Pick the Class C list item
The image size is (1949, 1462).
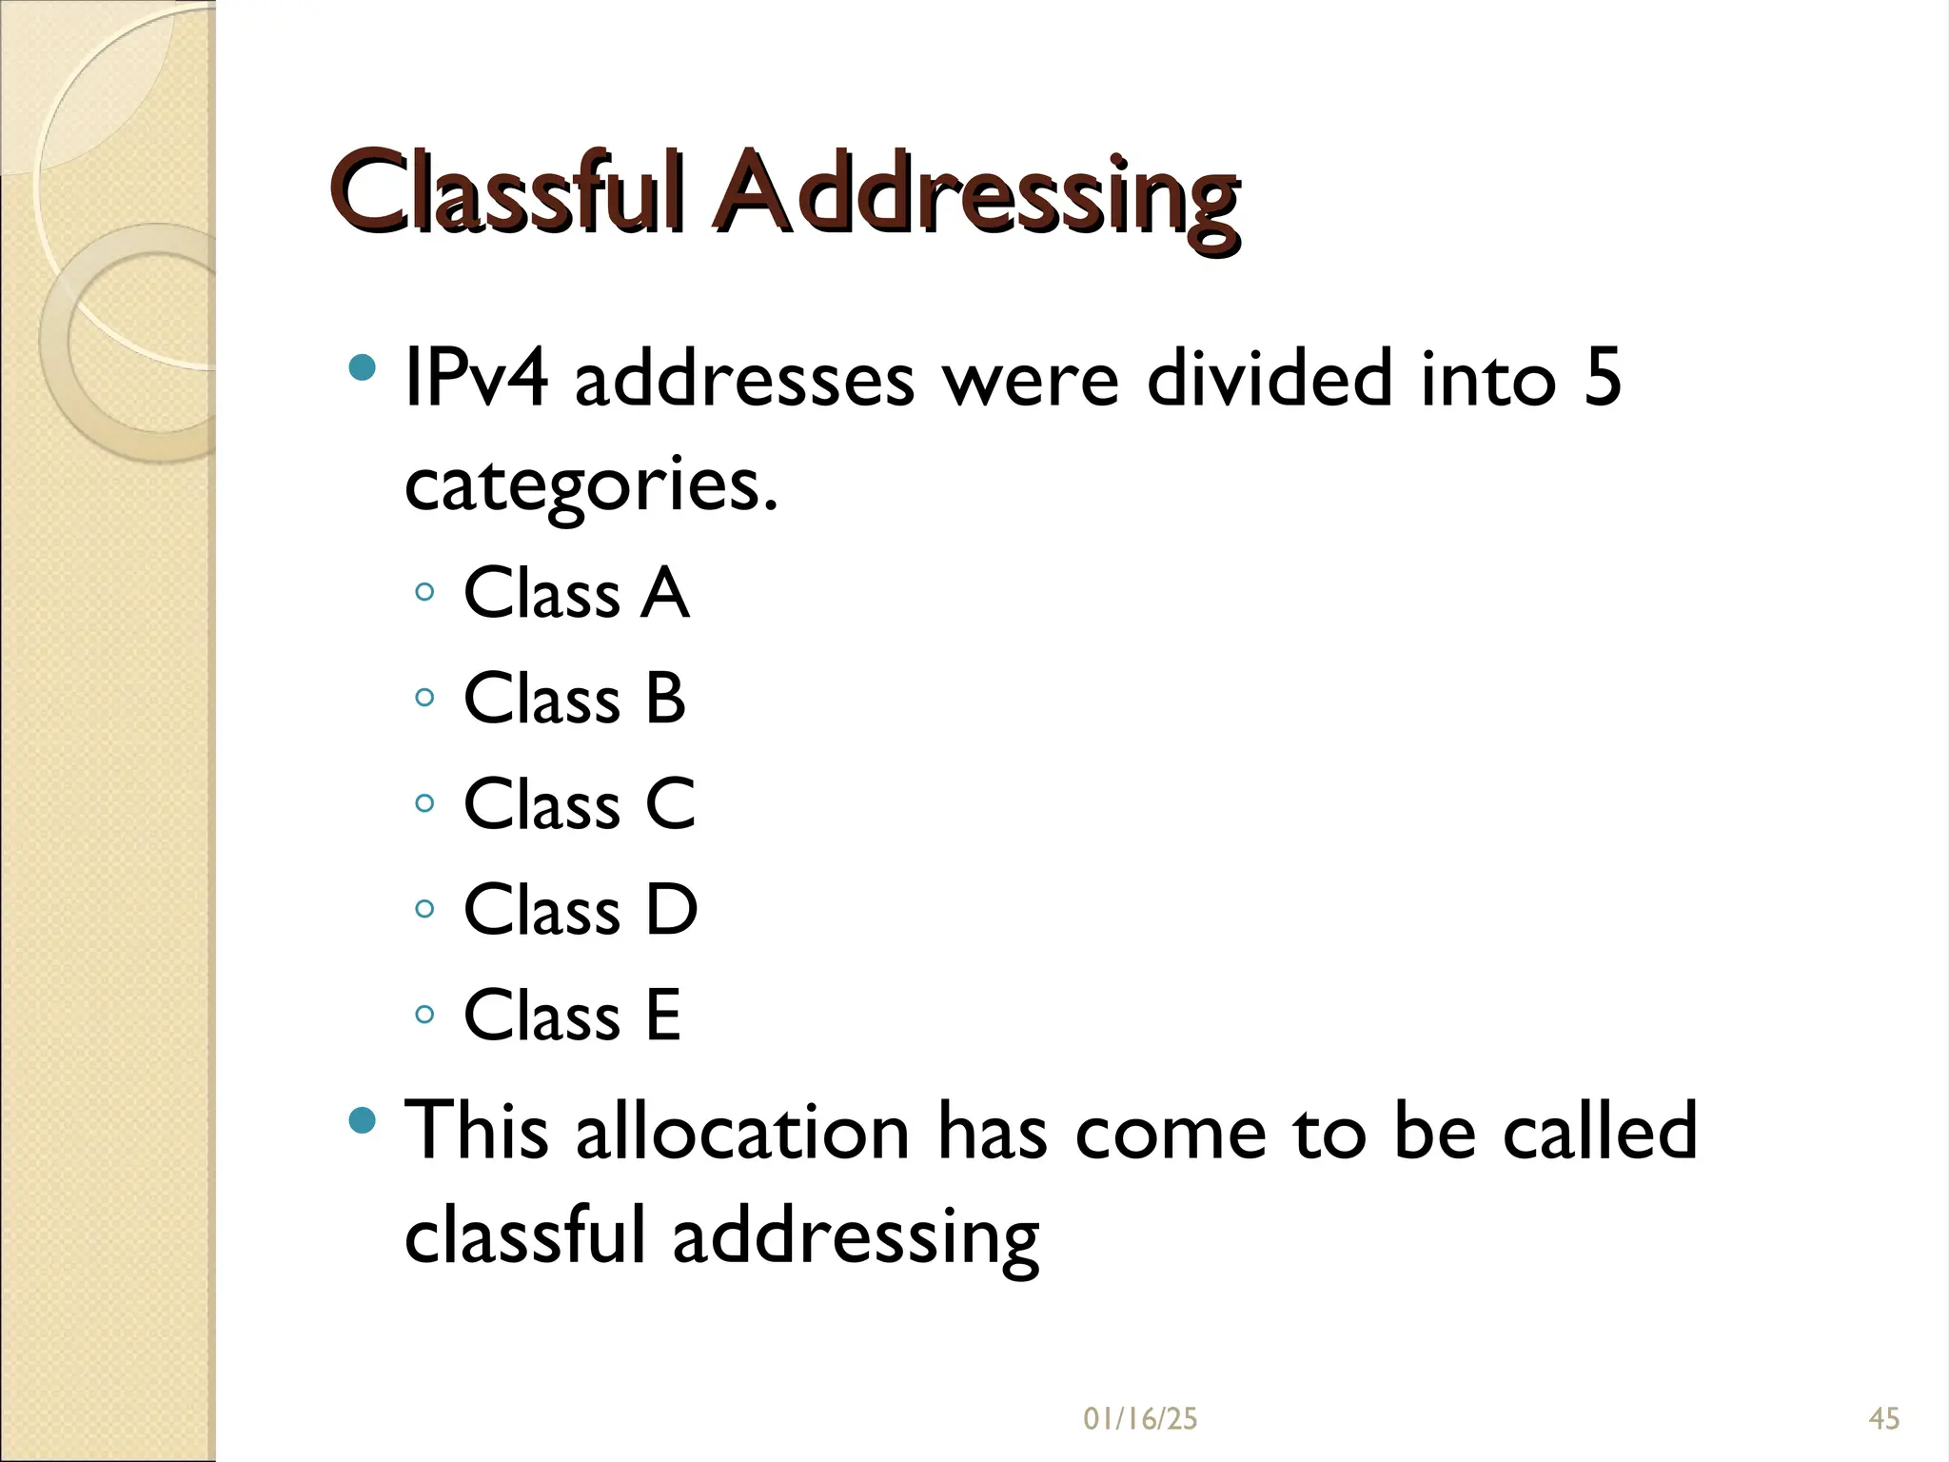tap(579, 805)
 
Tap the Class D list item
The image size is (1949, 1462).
tap(581, 911)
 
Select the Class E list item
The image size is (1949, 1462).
tap(572, 1017)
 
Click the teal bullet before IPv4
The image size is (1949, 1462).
tap(363, 367)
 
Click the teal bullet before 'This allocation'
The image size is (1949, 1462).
tap(363, 1119)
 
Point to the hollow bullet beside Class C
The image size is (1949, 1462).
tap(424, 804)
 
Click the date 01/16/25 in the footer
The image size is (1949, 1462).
tap(1140, 1419)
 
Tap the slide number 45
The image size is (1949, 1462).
tap(1884, 1419)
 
